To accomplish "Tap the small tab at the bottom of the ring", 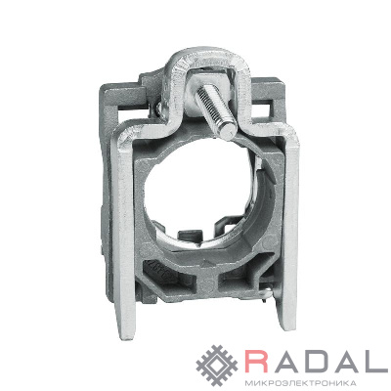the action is click(x=189, y=236).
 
